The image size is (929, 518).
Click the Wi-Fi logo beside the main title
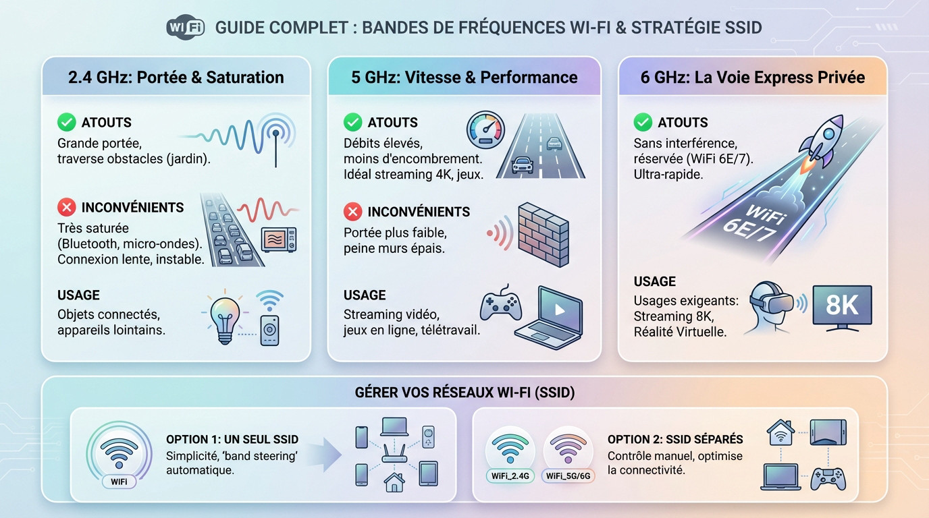pyautogui.click(x=185, y=28)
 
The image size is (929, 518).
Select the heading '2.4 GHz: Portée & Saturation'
pyautogui.click(x=176, y=77)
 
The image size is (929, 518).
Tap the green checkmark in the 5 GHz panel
pyautogui.click(x=352, y=122)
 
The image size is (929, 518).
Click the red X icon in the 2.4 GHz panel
pyautogui.click(x=66, y=207)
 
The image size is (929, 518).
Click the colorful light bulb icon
pyautogui.click(x=224, y=318)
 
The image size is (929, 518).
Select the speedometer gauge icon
pyautogui.click(x=485, y=129)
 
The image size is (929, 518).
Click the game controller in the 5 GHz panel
pyautogui.click(x=500, y=306)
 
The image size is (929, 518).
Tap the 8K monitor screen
pyautogui.click(x=842, y=306)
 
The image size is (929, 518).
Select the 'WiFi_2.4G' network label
pyautogui.click(x=510, y=476)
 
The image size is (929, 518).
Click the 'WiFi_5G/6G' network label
pyautogui.click(x=568, y=476)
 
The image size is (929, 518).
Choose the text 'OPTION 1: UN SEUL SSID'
pyautogui.click(x=232, y=439)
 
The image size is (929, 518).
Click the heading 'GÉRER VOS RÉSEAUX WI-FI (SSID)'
pyautogui.click(x=464, y=392)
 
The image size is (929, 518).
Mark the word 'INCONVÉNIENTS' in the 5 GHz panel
pyautogui.click(x=419, y=212)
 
